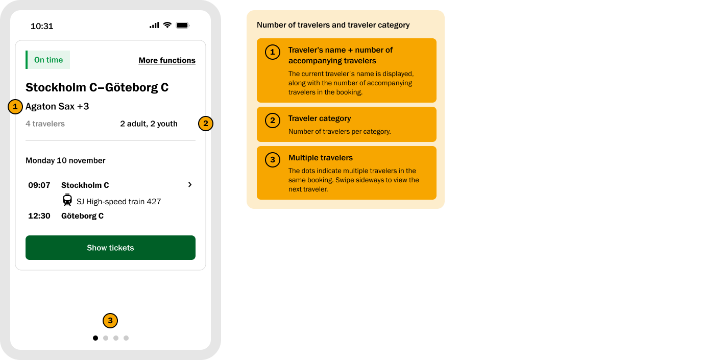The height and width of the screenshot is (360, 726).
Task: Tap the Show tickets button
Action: pyautogui.click(x=110, y=248)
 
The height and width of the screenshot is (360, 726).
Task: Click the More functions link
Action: pyautogui.click(x=167, y=60)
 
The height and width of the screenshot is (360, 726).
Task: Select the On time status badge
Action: pyautogui.click(x=47, y=60)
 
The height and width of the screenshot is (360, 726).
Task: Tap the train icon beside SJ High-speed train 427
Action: pyautogui.click(x=67, y=200)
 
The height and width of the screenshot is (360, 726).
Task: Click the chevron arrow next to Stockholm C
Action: pyautogui.click(x=190, y=185)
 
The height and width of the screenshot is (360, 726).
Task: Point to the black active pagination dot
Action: pyautogui.click(x=95, y=338)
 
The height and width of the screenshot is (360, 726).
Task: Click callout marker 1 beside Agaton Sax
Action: pyautogui.click(x=15, y=107)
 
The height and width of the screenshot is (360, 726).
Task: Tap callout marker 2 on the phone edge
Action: pyautogui.click(x=205, y=124)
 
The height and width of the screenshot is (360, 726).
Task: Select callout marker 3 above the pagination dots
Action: pyautogui.click(x=110, y=321)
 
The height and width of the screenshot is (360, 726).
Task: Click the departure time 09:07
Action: pyautogui.click(x=39, y=185)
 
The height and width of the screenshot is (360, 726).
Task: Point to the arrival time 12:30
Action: pyautogui.click(x=39, y=216)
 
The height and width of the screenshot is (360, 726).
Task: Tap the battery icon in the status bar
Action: pyautogui.click(x=182, y=25)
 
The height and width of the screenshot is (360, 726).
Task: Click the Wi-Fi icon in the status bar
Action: pyautogui.click(x=167, y=25)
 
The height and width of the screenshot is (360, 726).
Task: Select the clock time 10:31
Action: pyautogui.click(x=42, y=26)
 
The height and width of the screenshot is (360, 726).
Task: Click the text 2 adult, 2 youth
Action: pyautogui.click(x=149, y=124)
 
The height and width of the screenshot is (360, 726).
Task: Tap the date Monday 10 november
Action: pyautogui.click(x=65, y=160)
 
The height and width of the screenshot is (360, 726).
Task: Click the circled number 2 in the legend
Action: pyautogui.click(x=273, y=121)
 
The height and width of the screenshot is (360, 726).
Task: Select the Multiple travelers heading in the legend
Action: pyautogui.click(x=321, y=158)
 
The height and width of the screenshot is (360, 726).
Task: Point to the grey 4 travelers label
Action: pyautogui.click(x=45, y=124)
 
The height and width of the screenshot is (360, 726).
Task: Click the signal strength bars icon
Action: pyautogui.click(x=154, y=25)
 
